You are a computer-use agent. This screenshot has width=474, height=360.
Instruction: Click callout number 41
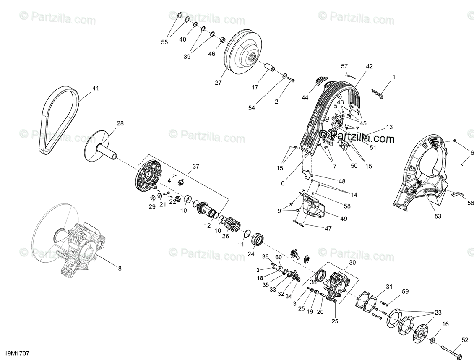[96, 89]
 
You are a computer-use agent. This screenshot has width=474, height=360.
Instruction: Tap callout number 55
[164, 42]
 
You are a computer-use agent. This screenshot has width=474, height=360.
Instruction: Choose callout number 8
[120, 269]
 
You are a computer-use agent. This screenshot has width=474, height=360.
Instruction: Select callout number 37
[195, 166]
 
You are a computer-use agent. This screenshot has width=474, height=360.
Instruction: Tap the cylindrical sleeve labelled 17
[268, 68]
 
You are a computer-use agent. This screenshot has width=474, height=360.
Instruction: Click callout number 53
[438, 216]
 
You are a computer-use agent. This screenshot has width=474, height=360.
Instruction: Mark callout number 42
[369, 66]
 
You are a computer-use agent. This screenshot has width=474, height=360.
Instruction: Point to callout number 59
[405, 291]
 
